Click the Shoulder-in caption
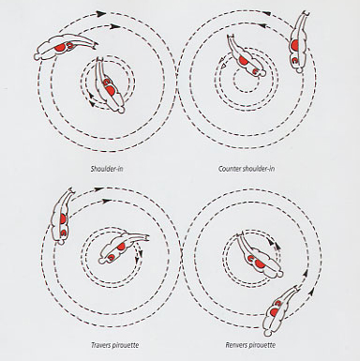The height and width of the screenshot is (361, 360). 107,169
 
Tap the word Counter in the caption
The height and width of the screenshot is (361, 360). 230,169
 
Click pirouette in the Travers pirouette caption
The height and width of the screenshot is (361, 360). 126,345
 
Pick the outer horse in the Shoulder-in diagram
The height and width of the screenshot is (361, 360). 66,48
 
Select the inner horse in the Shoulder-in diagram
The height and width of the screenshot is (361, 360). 111,85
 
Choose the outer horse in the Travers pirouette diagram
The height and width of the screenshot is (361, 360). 63,216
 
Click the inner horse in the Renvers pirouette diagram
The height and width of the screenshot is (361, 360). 260,254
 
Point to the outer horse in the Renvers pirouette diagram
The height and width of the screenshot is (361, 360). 280,309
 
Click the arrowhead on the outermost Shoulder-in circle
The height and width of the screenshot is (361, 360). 100,13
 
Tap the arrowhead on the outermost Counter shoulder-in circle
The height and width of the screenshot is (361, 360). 266,13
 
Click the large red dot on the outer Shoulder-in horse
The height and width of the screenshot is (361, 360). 60,48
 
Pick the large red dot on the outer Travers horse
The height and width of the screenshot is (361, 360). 63,218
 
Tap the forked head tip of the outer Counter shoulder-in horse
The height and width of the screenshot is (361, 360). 307,13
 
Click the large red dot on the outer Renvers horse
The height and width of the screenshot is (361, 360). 275,312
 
